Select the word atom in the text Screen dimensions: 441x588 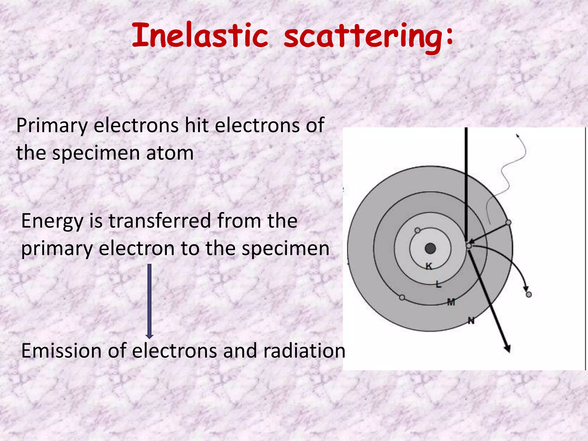(170, 153)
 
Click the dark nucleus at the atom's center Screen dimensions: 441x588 (430, 248)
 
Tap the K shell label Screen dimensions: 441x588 (429, 266)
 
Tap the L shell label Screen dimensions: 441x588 (438, 285)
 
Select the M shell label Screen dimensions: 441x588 (451, 302)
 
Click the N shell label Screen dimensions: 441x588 (471, 320)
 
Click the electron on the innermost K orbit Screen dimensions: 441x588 (418, 230)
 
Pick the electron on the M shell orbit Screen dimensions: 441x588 (402, 297)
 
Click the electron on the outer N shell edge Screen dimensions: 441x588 (508, 223)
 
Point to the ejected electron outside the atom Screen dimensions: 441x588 (529, 295)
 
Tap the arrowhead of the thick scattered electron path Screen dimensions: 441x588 (507, 349)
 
